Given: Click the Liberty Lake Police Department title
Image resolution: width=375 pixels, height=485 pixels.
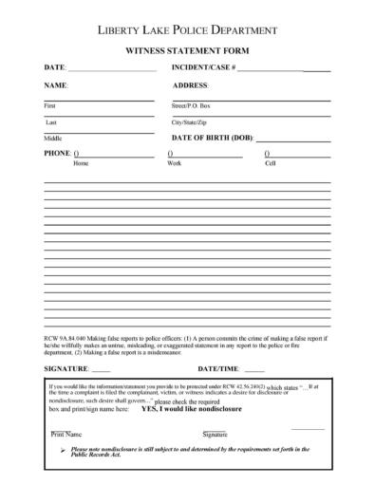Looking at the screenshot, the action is [x=187, y=30].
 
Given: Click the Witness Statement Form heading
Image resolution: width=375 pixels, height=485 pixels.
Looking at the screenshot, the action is [x=187, y=51].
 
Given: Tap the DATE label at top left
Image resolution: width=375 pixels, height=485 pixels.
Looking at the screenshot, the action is [x=55, y=69].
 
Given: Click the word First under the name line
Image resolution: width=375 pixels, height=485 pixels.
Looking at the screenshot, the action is [x=50, y=106].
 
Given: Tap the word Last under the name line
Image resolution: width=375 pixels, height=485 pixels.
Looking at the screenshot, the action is [x=50, y=123].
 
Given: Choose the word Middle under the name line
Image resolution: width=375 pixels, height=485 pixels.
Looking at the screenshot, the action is [x=53, y=140].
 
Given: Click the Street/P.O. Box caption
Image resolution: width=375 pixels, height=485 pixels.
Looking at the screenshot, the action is [x=191, y=106].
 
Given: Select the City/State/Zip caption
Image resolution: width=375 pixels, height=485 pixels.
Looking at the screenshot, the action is [x=189, y=123].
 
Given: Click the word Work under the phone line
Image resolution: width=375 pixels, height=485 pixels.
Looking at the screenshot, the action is [x=175, y=163].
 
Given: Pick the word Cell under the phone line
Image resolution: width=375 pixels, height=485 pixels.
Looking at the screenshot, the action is [x=270, y=163].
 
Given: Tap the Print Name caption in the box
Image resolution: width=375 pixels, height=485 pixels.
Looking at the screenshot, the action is [x=66, y=434].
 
